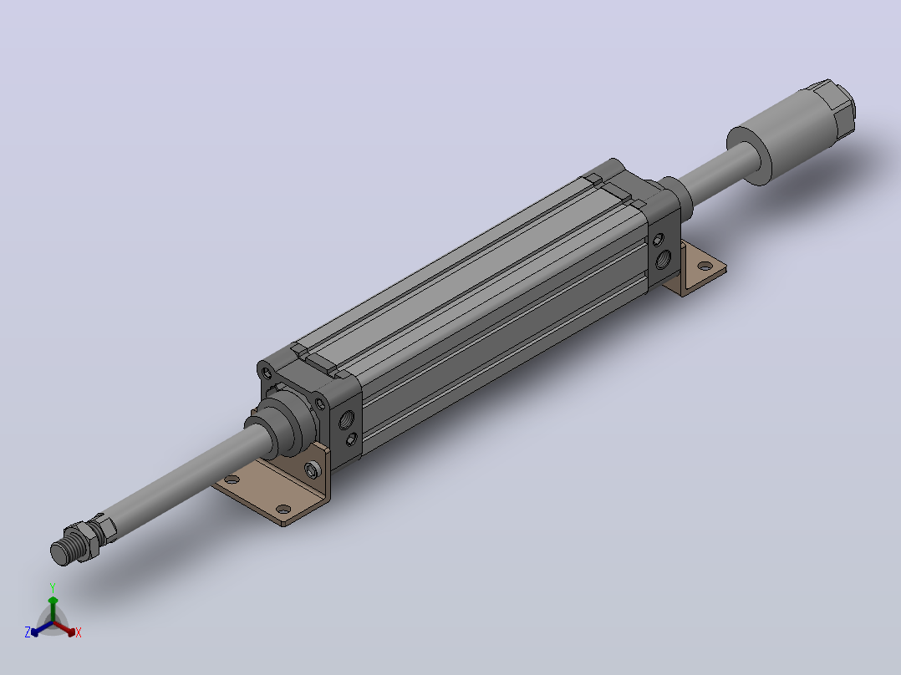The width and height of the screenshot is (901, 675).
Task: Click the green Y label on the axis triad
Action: pyautogui.click(x=53, y=587)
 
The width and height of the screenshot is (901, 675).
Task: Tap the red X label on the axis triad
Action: pyautogui.click(x=79, y=632)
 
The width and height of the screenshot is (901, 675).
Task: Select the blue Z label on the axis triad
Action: pyautogui.click(x=27, y=632)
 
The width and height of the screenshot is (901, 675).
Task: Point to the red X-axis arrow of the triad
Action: pyautogui.click(x=64, y=628)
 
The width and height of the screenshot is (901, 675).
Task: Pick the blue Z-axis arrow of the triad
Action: pyautogui.click(x=42, y=628)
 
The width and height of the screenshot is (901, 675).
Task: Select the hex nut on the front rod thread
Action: pyautogui.click(x=84, y=539)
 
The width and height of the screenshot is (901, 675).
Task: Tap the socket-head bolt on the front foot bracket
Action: pyautogui.click(x=312, y=470)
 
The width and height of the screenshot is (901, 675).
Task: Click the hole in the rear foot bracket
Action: pyautogui.click(x=704, y=266)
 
